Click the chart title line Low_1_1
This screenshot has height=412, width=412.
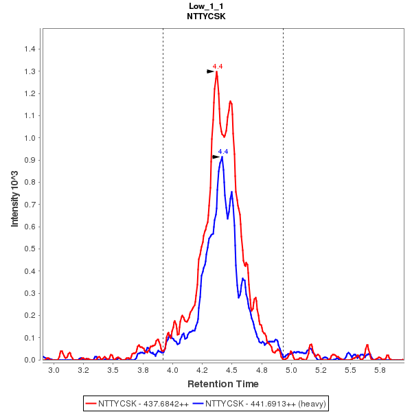(206, 5)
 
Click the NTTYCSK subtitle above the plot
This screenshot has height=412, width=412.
(206, 16)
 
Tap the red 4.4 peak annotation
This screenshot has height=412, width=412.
(217, 66)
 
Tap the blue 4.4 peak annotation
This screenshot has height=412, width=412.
(222, 151)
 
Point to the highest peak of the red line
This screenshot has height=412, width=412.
(216, 72)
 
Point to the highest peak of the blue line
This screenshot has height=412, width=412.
(222, 157)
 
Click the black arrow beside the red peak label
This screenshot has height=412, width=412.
(211, 71)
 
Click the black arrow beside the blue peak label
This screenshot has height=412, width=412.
(216, 157)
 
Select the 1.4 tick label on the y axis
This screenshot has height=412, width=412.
(30, 49)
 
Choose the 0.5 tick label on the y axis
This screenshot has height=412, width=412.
(30, 249)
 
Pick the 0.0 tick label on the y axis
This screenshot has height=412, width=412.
(30, 360)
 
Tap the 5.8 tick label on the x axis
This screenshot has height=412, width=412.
(380, 369)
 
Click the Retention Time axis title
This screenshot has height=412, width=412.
(223, 383)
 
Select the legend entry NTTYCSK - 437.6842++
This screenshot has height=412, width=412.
(137, 403)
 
